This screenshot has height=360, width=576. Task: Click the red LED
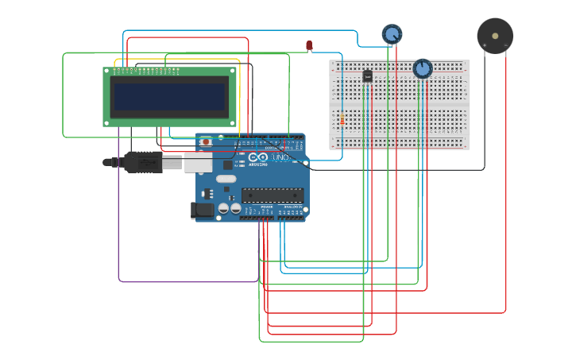309,46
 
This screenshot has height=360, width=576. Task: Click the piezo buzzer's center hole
495,36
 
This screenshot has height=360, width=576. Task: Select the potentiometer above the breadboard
392,34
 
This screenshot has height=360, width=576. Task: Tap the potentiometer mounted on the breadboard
423,69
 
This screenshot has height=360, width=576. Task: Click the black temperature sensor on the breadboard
367,76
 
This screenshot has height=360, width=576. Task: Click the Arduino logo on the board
259,159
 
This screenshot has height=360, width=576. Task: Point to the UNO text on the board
280,158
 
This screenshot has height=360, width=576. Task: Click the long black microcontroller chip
273,195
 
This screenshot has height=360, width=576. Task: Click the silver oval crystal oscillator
226,179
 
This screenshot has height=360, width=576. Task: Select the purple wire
119,238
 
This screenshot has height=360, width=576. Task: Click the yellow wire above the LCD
179,59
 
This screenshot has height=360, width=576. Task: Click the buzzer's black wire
484,119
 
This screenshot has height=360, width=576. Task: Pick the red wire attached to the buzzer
506,199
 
